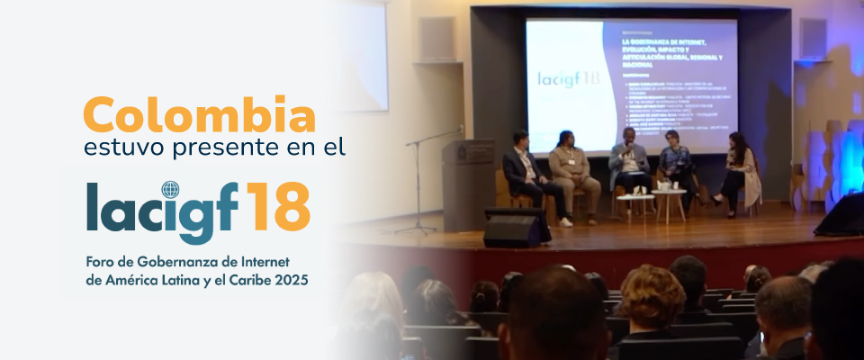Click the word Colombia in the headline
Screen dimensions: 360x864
pos(199,116)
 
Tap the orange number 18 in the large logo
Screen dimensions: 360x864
pos(279,206)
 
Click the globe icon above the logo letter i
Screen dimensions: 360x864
pos(170,189)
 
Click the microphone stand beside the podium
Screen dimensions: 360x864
pos(418,184)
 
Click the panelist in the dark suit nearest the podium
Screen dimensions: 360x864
pos(526,170)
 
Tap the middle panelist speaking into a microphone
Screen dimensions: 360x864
pos(630,162)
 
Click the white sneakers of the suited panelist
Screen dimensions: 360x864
pos(565,221)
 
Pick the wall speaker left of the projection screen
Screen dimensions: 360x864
pos(437,39)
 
